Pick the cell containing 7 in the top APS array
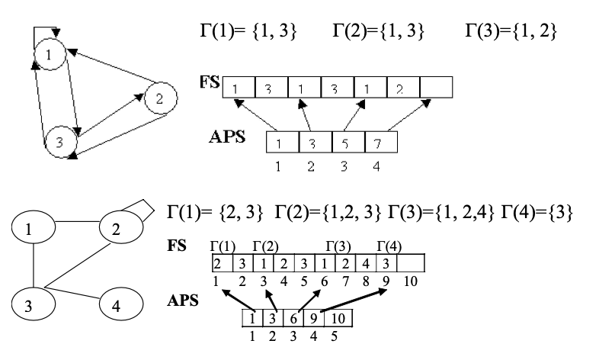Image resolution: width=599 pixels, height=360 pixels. (x=381, y=143)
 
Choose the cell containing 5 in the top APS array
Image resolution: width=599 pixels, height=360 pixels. (x=348, y=143)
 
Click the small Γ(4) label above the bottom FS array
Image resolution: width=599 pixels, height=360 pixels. (x=389, y=246)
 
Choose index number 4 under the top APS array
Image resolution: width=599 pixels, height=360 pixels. (x=381, y=165)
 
